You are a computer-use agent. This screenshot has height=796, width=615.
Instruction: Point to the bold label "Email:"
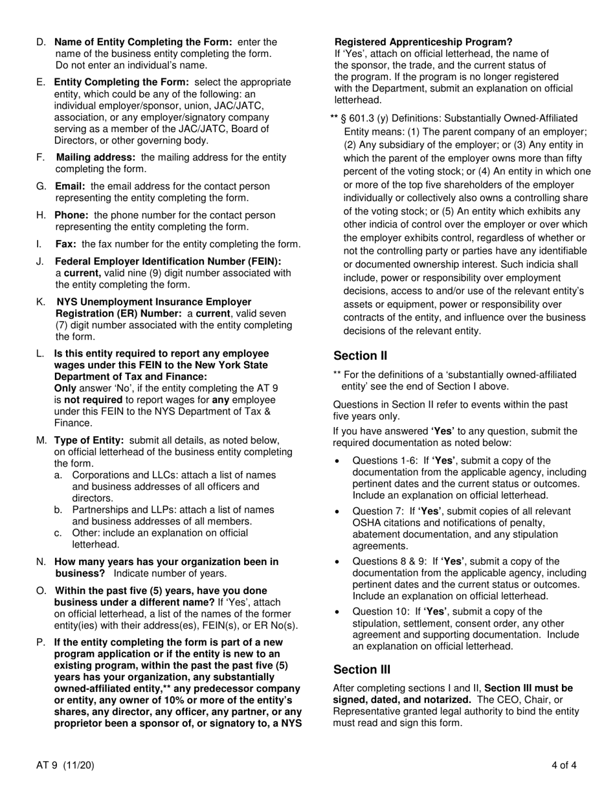click(70, 186)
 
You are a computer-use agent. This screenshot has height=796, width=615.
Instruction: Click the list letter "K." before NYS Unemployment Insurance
click(41, 302)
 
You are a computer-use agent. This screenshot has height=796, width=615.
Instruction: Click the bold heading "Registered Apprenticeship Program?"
click(423, 42)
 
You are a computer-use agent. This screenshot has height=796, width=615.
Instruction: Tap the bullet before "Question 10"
click(337, 612)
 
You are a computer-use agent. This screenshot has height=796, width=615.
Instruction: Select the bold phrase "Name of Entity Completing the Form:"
click(143, 42)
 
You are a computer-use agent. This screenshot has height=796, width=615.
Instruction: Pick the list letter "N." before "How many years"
click(41, 562)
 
